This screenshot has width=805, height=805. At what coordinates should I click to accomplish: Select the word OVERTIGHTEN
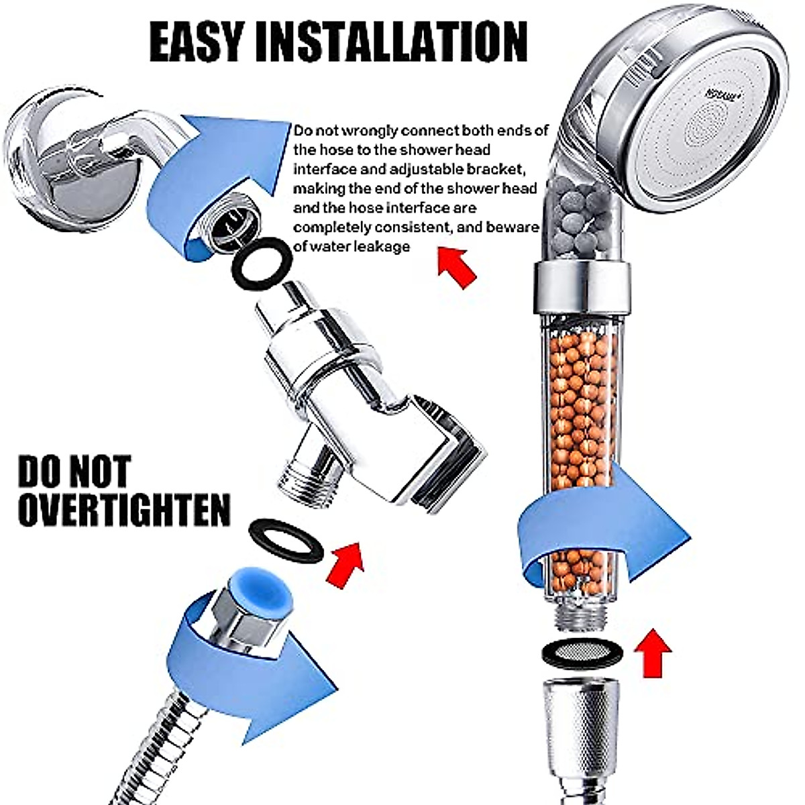[124, 510]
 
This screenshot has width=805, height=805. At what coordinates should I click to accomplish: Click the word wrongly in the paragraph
[363, 130]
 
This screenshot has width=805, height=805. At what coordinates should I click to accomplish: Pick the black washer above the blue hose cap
[286, 541]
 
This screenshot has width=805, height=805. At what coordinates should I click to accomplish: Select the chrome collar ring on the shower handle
[582, 288]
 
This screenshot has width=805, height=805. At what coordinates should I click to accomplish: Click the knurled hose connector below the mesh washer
[581, 724]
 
